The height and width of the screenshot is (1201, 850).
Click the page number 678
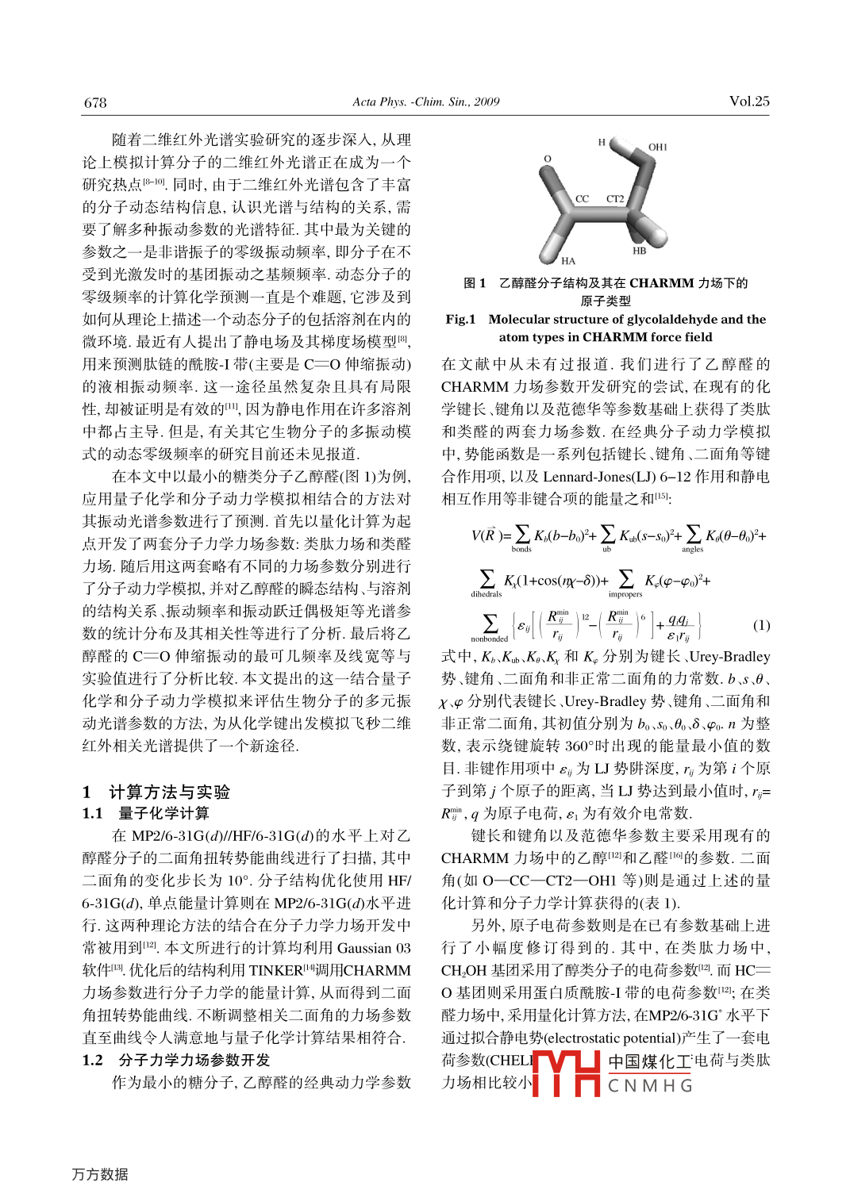pos(95,102)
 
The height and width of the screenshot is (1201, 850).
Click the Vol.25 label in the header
pos(748,101)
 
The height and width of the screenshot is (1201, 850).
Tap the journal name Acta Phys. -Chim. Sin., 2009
pos(425,102)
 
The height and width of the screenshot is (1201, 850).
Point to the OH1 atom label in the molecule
pos(658,147)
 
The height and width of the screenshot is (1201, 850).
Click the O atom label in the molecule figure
pos(547,159)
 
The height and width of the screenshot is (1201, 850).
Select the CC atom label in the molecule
pos(582,198)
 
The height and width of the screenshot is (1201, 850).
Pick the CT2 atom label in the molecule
pos(615,198)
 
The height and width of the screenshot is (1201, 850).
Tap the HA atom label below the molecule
pos(568,260)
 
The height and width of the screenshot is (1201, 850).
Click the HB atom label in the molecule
pos(640,251)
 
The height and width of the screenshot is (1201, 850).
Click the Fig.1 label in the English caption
pos(460,319)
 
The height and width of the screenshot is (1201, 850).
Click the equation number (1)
pos(760,625)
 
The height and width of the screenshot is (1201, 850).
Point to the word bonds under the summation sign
pos(521,549)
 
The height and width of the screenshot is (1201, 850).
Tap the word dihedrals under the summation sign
pos(487,593)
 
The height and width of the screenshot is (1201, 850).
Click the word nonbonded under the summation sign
pos(489,639)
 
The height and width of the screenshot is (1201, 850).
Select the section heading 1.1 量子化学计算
pos(146,813)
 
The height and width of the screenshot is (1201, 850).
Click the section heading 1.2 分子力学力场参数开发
pos(176,1060)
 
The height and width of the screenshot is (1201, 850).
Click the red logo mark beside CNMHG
pos(565,1073)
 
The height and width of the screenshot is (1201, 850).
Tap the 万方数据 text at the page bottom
pos(100,1174)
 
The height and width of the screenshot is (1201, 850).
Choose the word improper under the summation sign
pos(625,593)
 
